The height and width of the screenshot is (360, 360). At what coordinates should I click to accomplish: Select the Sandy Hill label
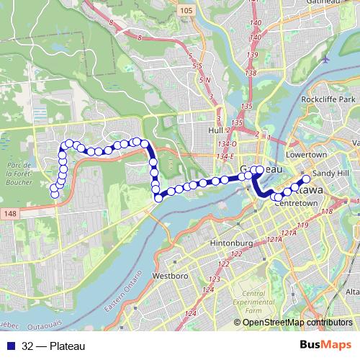coord(332,174)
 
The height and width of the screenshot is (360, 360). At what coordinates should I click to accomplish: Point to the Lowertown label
coord(306,155)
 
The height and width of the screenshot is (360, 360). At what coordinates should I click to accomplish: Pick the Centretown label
coord(292,204)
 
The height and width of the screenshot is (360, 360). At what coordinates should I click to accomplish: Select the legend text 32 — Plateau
coord(53,346)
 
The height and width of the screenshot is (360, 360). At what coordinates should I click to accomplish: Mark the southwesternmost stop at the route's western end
coord(53,194)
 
